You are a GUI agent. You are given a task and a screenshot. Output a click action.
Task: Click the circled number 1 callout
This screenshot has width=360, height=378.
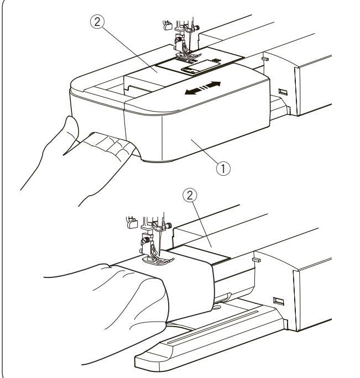[223, 169]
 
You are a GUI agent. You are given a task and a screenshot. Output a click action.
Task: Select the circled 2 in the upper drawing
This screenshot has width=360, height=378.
[97, 22]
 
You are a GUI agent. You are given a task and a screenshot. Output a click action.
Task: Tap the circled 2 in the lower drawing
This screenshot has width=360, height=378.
[190, 196]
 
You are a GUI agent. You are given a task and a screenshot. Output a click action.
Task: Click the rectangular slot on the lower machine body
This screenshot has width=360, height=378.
[278, 301]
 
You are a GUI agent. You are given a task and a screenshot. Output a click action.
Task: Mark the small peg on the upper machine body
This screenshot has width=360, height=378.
[265, 59]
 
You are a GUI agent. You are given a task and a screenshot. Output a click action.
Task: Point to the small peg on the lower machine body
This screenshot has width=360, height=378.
[256, 260]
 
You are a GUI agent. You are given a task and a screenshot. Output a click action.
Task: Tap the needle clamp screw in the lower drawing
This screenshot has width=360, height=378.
[169, 225]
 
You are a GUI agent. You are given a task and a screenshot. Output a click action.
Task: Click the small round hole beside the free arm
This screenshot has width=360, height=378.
[216, 308]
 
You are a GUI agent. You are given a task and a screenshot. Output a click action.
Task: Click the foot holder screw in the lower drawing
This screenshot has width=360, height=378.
[145, 240]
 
